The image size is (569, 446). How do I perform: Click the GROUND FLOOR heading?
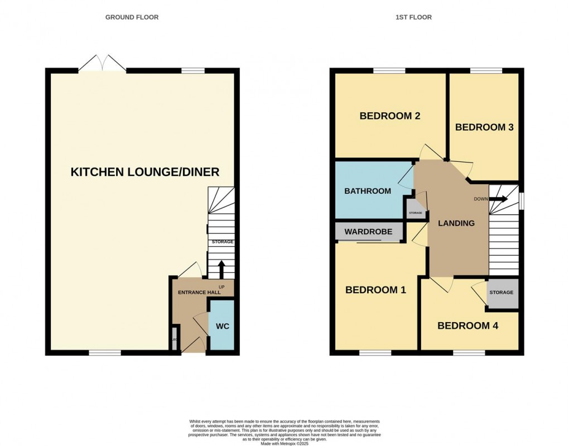(132, 17)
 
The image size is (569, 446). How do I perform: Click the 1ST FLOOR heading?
(413, 17)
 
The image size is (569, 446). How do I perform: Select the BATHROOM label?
(368, 191)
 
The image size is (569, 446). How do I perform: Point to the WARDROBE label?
(368, 232)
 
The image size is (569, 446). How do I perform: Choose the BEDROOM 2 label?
(389, 116)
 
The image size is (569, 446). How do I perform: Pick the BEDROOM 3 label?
(484, 127)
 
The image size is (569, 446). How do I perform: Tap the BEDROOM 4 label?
(467, 325)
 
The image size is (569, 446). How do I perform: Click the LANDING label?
(456, 223)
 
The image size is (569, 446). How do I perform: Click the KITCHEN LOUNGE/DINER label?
(145, 172)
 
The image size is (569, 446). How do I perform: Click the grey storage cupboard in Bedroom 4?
(501, 293)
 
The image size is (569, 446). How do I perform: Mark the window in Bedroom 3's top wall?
(485, 70)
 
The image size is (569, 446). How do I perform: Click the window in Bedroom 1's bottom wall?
(375, 353)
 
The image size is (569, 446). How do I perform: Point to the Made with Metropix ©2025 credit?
(284, 443)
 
